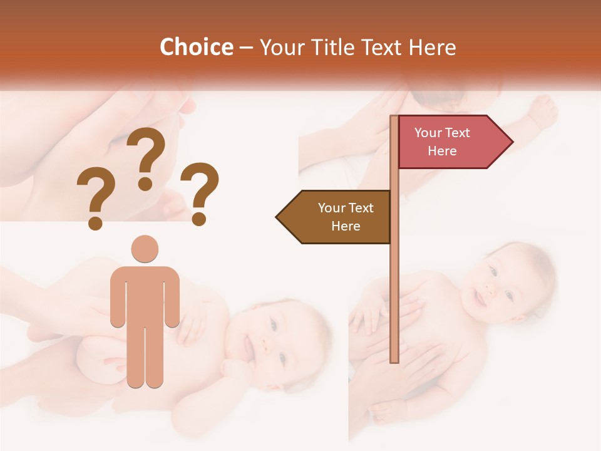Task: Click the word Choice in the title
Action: (x=196, y=47)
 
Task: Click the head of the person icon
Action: (x=145, y=249)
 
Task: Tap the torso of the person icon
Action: (x=145, y=294)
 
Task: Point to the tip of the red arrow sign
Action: (x=511, y=142)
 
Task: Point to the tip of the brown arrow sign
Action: (x=277, y=217)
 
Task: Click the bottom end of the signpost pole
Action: (x=394, y=360)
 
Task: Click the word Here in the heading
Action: (x=433, y=47)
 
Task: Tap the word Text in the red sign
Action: (x=457, y=133)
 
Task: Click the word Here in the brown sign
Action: (x=346, y=226)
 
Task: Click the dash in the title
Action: (x=246, y=48)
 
